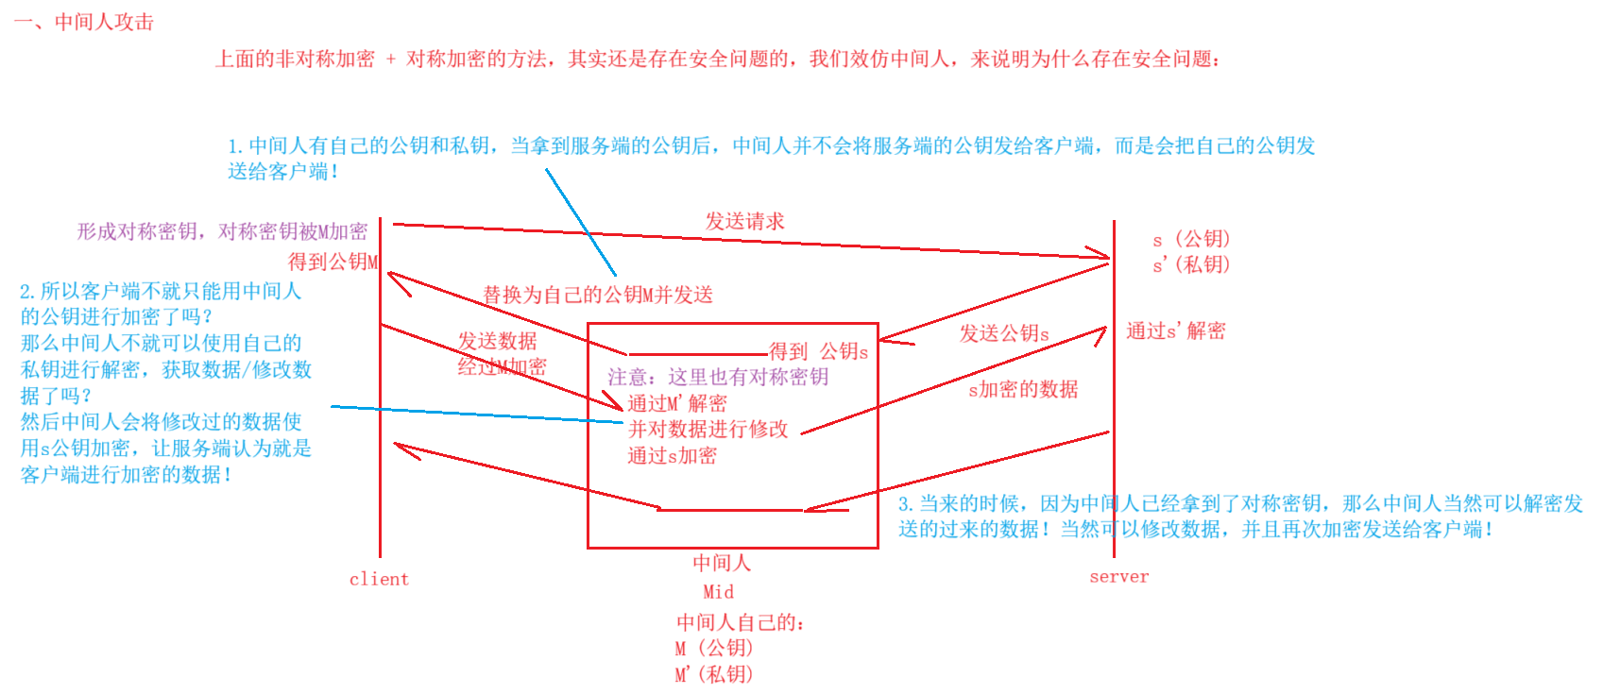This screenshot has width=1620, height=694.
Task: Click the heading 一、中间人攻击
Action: coord(84,22)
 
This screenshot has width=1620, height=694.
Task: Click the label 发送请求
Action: coord(744,221)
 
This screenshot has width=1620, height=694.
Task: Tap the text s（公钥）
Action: coord(1191,239)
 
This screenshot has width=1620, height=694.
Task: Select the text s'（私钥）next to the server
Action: coord(1191,264)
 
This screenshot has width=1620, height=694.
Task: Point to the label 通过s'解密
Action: coord(1175,330)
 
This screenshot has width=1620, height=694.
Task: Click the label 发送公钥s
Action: coord(1004,333)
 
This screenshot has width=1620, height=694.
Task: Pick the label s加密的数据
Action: coord(1023,389)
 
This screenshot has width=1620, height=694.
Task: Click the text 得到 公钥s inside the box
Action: coord(818,352)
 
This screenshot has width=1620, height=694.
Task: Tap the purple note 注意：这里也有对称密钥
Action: coord(718,377)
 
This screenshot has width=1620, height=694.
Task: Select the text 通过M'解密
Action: coord(677,403)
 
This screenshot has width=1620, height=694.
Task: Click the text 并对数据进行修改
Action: coord(708,429)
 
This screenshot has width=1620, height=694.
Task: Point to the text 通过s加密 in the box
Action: coord(673,455)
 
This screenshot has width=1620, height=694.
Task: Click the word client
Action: coord(379,579)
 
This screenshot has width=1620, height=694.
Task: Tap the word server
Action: coord(1119,576)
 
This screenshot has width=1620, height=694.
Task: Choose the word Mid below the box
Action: coord(718,592)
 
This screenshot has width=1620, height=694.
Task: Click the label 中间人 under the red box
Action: coord(722,563)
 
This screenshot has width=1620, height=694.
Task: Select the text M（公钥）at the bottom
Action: coord(714,648)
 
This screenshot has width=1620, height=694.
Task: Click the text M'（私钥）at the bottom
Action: coord(714,674)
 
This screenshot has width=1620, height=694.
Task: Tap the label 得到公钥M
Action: coord(333,262)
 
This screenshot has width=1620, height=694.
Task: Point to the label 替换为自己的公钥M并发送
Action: coord(598,295)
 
